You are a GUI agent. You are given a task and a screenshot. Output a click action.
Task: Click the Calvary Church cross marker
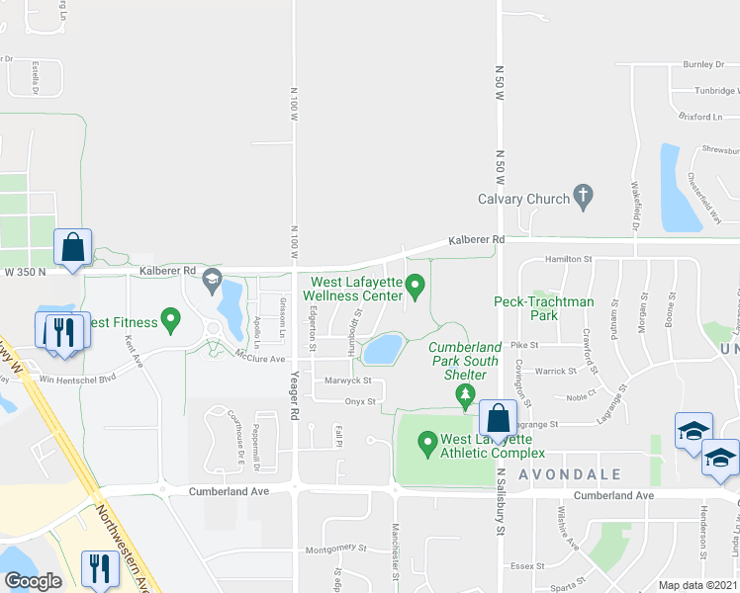[x=584, y=197]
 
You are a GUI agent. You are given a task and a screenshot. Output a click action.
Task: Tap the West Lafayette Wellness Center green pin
[x=416, y=288]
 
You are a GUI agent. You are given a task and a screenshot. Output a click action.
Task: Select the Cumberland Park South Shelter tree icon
[x=464, y=395]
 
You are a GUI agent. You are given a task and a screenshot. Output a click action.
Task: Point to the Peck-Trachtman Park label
[x=544, y=308]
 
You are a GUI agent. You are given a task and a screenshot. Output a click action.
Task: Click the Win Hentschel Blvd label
[x=78, y=377]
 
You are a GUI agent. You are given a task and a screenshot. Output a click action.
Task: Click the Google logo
[x=33, y=580]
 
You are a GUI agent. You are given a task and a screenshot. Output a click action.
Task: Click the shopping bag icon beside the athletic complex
[x=497, y=418]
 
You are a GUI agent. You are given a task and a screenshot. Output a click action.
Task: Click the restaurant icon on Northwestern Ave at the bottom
[x=100, y=567]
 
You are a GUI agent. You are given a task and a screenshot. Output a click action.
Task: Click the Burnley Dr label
[x=703, y=64]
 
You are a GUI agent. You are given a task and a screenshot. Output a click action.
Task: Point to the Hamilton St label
[x=568, y=259]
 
